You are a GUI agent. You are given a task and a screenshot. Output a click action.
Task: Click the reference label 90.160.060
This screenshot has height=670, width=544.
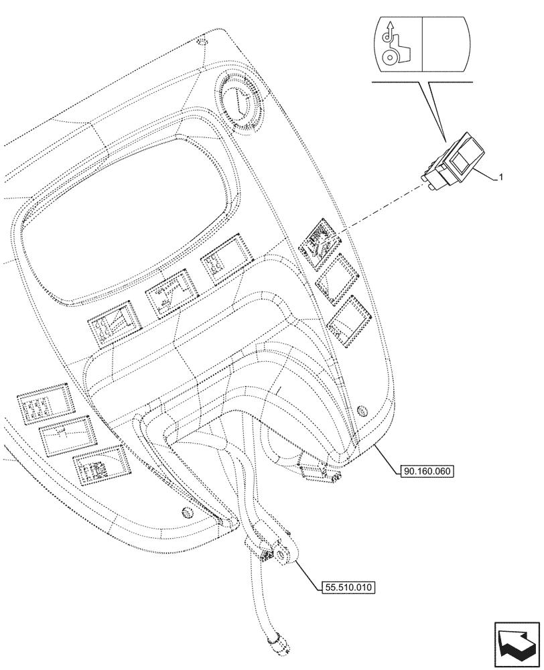click(x=429, y=471)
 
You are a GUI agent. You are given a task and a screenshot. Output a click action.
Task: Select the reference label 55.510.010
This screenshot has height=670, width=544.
click(x=346, y=588)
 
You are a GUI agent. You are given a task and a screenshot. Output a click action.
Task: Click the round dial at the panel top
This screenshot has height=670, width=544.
click(x=240, y=100)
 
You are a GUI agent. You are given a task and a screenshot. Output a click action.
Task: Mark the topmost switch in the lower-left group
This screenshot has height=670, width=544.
click(x=44, y=403)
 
